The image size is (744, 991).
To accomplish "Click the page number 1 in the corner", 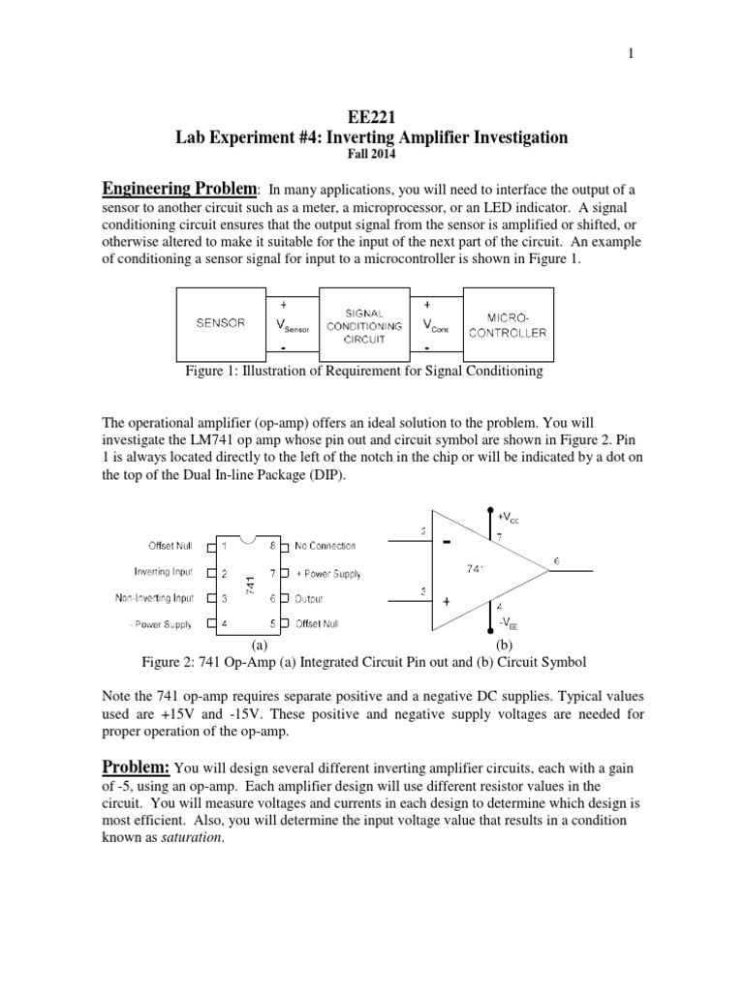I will click(x=631, y=54).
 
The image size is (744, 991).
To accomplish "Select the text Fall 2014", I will click(x=372, y=153).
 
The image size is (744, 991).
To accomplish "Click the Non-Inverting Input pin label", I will click(x=154, y=598).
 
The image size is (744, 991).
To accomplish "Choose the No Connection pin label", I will click(x=325, y=546).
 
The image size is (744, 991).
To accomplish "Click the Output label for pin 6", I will click(x=309, y=599).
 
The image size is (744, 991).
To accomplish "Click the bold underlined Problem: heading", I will click(x=137, y=766).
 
